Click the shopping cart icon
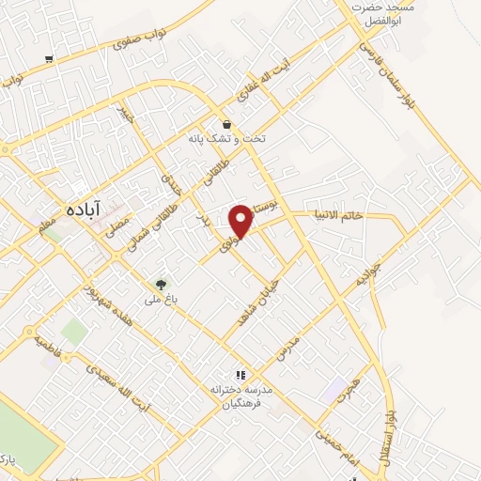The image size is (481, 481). [49, 58]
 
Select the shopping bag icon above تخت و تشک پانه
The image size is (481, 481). [226, 123]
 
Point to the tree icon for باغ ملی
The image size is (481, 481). [161, 283]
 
